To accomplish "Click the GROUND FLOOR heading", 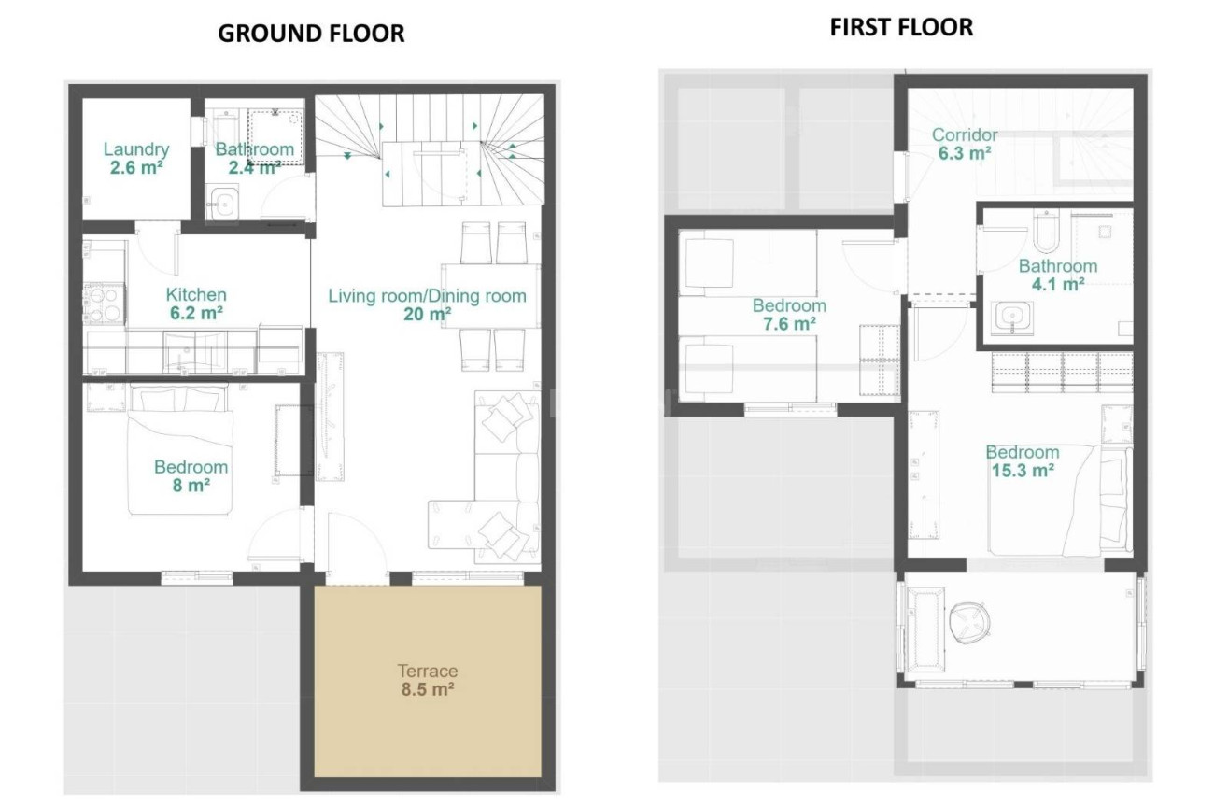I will click(311, 34).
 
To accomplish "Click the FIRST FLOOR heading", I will click(901, 28).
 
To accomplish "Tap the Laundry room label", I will click(136, 149).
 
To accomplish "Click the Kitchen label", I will click(196, 295).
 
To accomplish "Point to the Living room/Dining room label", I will click(427, 296).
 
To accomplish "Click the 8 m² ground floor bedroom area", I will click(191, 486).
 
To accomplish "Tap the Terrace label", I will click(427, 671).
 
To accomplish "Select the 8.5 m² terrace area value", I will click(427, 690).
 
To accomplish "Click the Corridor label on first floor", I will click(965, 135).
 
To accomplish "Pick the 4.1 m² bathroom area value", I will click(1057, 285).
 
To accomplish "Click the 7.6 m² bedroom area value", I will click(789, 324).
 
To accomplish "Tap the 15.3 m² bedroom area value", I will click(1023, 471).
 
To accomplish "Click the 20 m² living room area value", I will click(427, 316).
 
